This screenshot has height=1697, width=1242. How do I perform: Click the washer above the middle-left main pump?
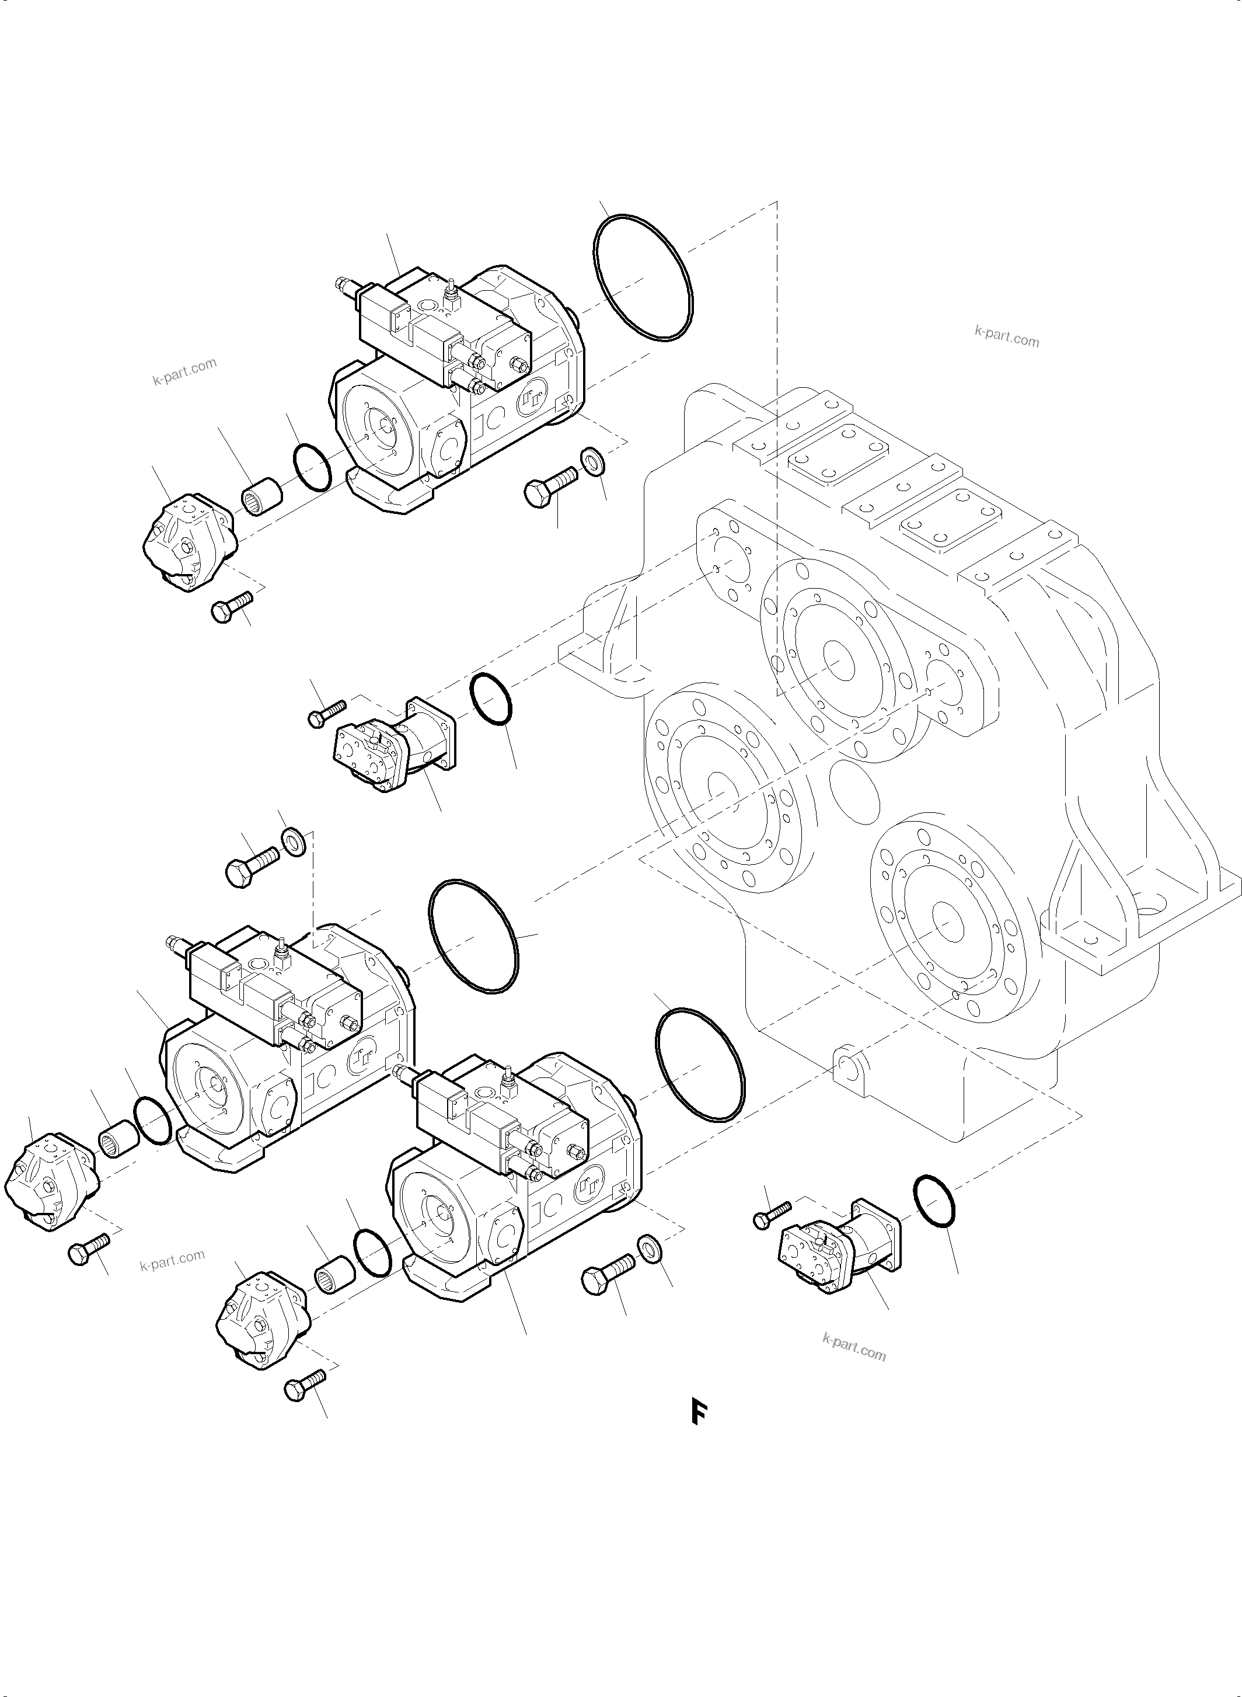click(x=293, y=840)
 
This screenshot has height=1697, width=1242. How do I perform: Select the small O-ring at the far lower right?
click(x=934, y=1201)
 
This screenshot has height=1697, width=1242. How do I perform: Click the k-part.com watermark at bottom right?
click(x=854, y=1348)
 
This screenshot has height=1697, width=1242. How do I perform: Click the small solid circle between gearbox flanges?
click(x=856, y=796)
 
